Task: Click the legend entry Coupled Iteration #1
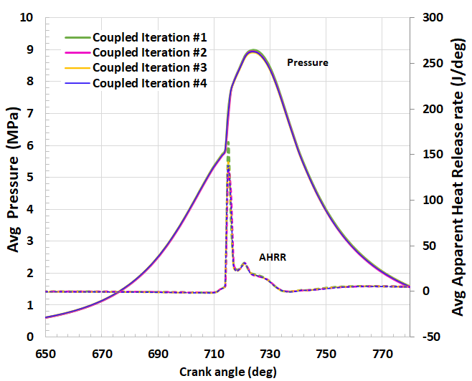150,37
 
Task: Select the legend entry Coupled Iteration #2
150,52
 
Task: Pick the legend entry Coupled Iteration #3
150,68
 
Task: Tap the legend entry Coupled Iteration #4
150,83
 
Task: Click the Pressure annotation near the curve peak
308,62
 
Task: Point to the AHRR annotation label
273,257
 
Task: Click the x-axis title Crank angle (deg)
227,371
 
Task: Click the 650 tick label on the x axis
45,354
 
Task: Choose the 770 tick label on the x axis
382,354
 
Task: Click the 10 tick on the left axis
28,18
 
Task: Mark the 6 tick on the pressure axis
31,145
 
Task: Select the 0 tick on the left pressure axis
31,337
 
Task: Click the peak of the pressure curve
253,51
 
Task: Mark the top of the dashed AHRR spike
227,143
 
